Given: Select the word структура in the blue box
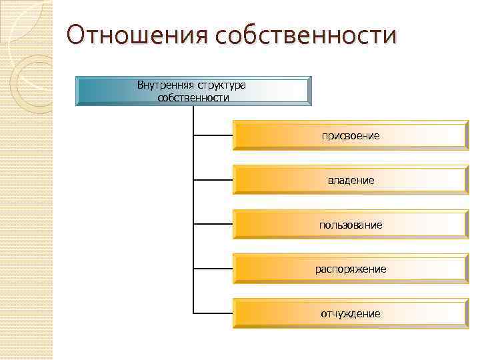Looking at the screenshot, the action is pos(221,85).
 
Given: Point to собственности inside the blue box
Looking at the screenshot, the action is pos(193,98).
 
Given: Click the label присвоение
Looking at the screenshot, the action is pos(350,135).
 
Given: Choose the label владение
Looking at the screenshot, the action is pos(350,180).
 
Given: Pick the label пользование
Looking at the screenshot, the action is pos(350,225).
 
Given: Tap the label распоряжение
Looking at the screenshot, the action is pos(350,269).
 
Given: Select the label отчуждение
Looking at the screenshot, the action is pos(350,313).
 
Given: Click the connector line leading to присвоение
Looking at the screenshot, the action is pos(213,135).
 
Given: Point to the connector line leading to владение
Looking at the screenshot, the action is pos(213,180).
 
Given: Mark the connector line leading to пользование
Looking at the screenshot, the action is pos(213,225).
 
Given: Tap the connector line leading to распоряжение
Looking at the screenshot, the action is pos(213,269).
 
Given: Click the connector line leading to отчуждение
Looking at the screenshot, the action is pos(213,313).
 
